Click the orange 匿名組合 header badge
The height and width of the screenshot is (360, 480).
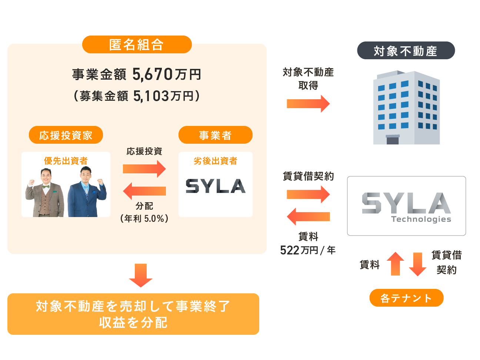(137, 45)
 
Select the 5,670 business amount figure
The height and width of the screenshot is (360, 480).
(153, 74)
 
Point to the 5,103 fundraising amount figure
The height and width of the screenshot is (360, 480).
(151, 96)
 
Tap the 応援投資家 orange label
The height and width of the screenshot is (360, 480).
(66, 135)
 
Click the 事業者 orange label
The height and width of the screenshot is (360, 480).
(215, 135)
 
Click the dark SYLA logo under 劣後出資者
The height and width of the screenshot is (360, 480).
(215, 186)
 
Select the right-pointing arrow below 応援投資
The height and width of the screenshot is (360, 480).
(144, 169)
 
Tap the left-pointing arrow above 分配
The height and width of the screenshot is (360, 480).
(144, 191)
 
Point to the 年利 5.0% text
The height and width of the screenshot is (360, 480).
(144, 219)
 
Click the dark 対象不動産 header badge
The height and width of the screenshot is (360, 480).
(406, 51)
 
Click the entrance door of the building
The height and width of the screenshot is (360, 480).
(393, 140)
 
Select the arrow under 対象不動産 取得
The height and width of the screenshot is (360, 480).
(308, 104)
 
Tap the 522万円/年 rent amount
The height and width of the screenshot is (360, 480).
(308, 250)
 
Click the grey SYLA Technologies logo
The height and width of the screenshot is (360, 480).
(406, 206)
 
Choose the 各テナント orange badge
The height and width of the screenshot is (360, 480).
(406, 298)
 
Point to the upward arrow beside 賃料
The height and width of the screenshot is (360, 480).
(395, 264)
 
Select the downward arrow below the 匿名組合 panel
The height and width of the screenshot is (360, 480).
(140, 275)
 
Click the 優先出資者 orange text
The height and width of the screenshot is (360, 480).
(66, 161)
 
